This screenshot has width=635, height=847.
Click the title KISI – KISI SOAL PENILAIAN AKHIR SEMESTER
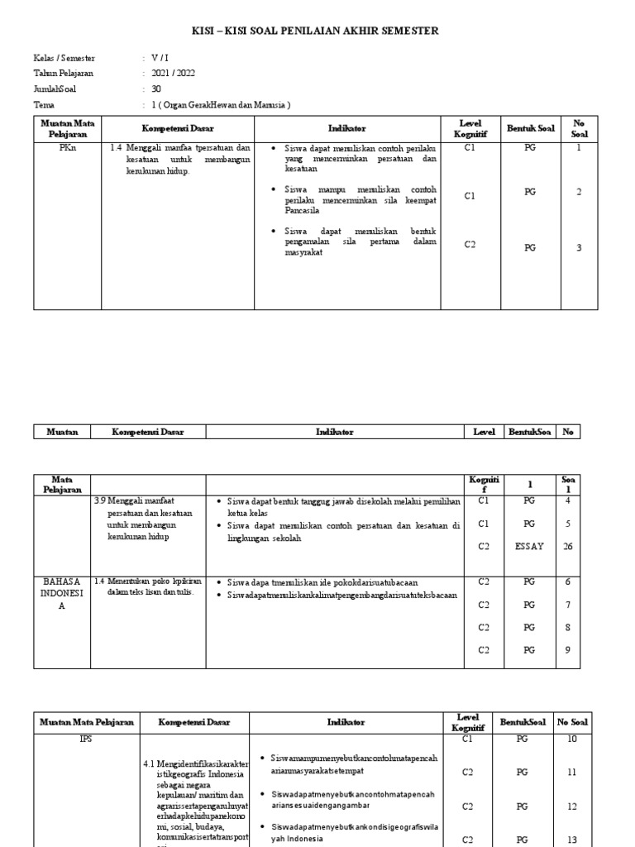tap(317, 31)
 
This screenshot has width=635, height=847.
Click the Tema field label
tap(43, 105)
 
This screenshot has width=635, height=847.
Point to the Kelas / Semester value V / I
tap(159, 59)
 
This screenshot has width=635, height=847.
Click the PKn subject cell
tap(67, 149)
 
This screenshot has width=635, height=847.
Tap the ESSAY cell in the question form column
tap(529, 546)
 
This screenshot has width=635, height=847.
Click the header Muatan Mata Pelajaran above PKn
tap(67, 128)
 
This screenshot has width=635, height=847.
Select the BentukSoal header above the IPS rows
tap(522, 722)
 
